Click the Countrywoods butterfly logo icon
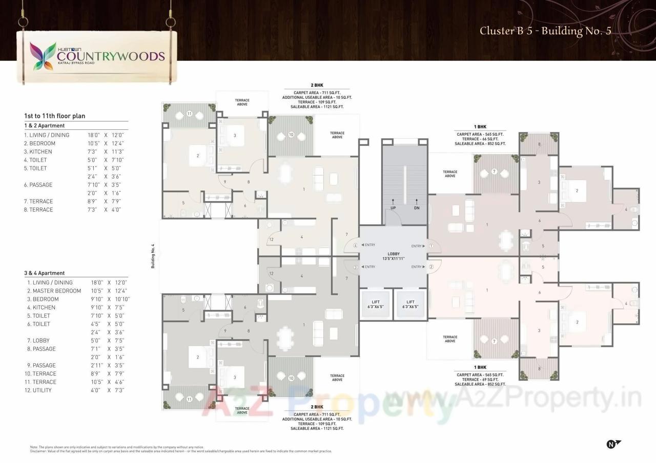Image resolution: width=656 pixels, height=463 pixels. point(43,56)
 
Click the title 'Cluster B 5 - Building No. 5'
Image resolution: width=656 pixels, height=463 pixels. point(545,31)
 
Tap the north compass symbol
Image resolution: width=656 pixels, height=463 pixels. point(612,444)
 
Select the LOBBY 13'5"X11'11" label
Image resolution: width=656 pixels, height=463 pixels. point(393,256)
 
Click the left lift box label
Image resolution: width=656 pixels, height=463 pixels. point(375,304)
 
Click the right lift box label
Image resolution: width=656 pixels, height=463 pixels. point(410,304)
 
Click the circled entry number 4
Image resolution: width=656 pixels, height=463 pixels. point(355,245)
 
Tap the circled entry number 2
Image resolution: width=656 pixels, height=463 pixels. point(431,267)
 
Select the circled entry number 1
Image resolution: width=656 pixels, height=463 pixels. point(431,246)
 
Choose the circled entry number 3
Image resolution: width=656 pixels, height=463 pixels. point(355,267)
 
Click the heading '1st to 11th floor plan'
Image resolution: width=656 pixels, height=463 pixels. point(54,116)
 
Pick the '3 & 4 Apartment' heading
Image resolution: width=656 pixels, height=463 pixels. point(45,273)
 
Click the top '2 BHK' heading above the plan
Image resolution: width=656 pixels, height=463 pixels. point(317,85)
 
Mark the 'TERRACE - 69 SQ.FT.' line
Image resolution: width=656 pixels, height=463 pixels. point(480,380)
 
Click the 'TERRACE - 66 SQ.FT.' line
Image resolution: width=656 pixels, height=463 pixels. point(480,139)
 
